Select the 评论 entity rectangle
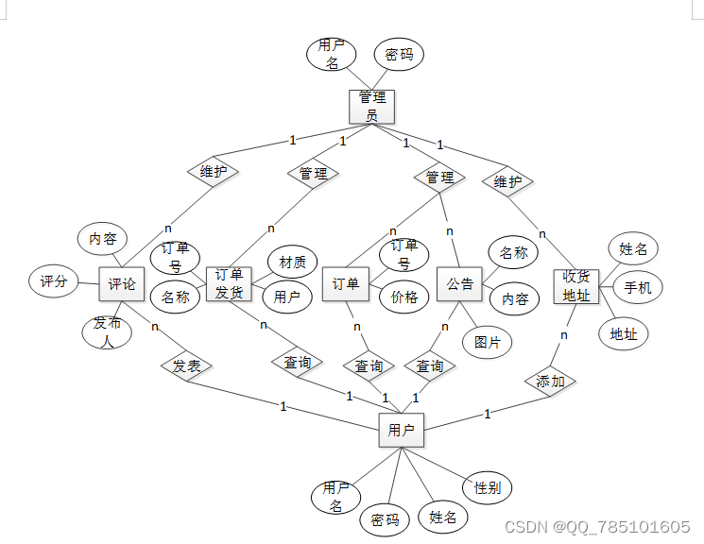[121, 283]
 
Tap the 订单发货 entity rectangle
[229, 283]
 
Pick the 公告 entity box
[460, 283]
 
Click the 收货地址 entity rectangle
[576, 286]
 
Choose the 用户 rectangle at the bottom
[401, 431]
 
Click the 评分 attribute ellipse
[54, 280]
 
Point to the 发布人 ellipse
[107, 331]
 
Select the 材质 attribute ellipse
[292, 262]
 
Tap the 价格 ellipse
[404, 296]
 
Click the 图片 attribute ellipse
[488, 342]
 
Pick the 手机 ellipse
[638, 287]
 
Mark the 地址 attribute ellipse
[623, 333]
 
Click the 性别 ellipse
[488, 487]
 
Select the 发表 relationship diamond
[186, 365]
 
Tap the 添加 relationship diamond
[551, 382]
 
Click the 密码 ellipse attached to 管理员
[400, 55]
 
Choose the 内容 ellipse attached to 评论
[102, 239]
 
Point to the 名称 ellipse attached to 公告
[513, 252]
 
